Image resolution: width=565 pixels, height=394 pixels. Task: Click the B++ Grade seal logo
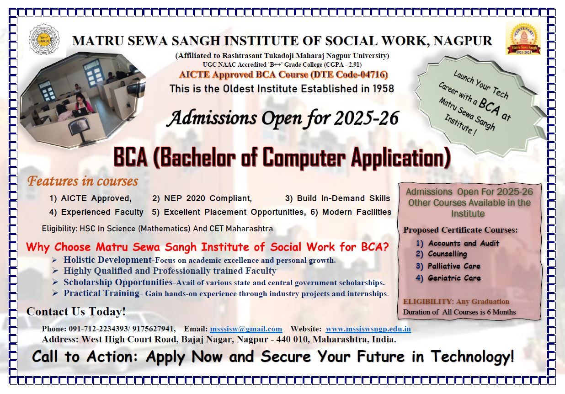click(x=44, y=40)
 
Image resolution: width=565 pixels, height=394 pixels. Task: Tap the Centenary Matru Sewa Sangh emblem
click(x=523, y=38)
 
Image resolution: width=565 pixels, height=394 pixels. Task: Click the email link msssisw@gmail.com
click(x=246, y=329)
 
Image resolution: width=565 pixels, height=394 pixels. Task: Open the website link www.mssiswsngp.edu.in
click(x=368, y=329)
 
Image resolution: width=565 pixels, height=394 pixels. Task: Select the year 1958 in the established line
click(x=383, y=89)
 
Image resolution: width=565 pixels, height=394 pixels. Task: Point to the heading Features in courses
click(x=83, y=181)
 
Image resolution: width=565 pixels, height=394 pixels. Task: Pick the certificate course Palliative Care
click(x=454, y=266)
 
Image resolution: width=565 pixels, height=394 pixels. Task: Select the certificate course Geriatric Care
click(x=454, y=278)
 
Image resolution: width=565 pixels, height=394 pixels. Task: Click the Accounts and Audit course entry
click(x=464, y=243)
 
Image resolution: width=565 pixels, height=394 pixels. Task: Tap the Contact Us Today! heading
click(x=76, y=311)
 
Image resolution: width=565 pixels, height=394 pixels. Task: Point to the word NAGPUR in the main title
click(x=463, y=41)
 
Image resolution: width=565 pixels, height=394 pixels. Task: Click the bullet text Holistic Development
click(x=107, y=260)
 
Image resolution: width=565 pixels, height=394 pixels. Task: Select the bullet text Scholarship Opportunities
click(x=118, y=282)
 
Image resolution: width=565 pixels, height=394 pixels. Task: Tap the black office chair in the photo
click(x=77, y=130)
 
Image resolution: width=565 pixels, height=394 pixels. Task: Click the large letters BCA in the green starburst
click(x=489, y=106)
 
